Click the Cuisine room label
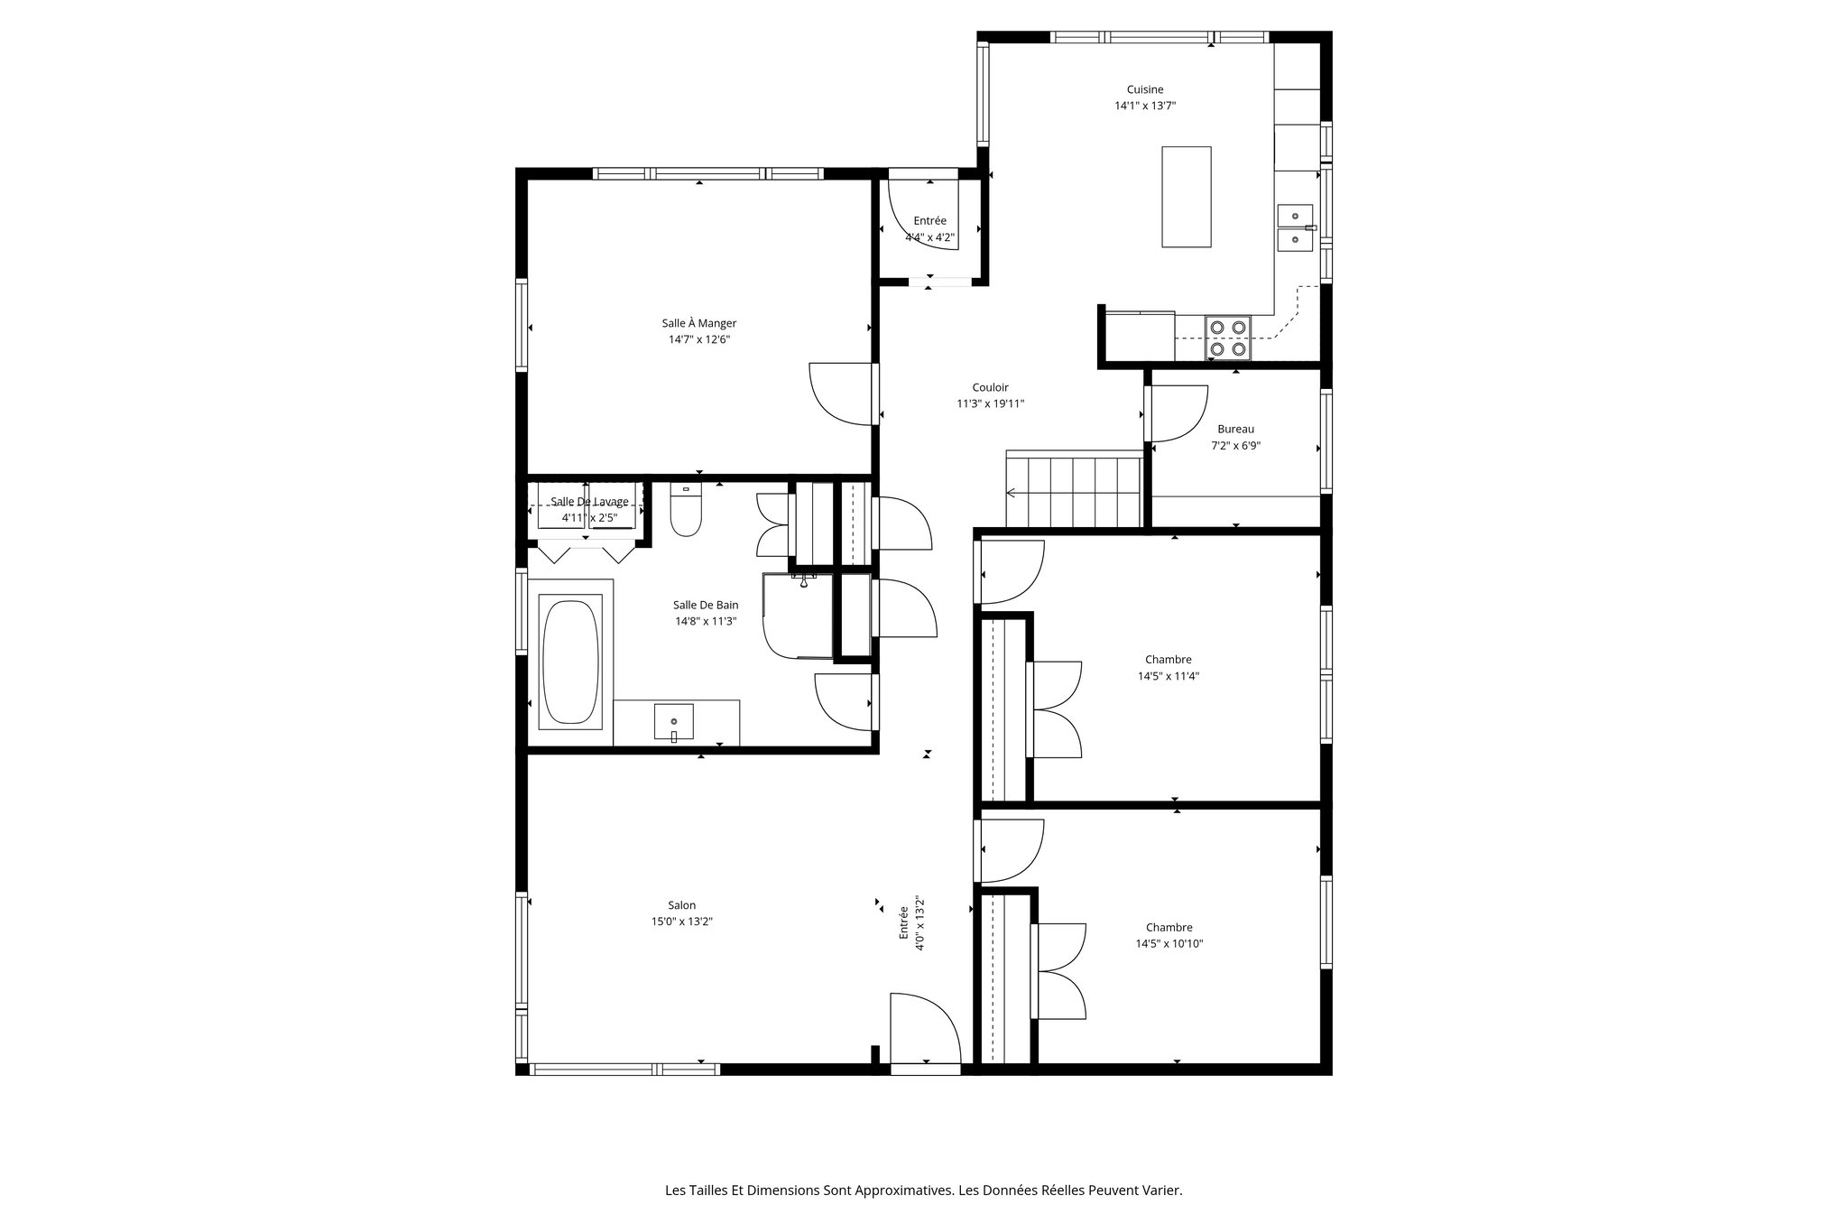[x=1144, y=89]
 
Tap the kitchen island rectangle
[x=1186, y=197]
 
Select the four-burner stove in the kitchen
[x=1228, y=338]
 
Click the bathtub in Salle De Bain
[x=569, y=662]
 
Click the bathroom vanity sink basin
[x=674, y=722]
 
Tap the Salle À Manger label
[x=698, y=323]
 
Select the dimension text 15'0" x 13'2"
[x=682, y=922]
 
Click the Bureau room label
[x=1235, y=430]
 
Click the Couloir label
[x=990, y=387]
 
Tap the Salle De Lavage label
[x=589, y=502]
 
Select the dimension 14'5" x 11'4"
[x=1168, y=676]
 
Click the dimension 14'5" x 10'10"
[x=1169, y=944]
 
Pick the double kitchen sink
[x=1296, y=227]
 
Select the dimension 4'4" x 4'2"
[x=929, y=238]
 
